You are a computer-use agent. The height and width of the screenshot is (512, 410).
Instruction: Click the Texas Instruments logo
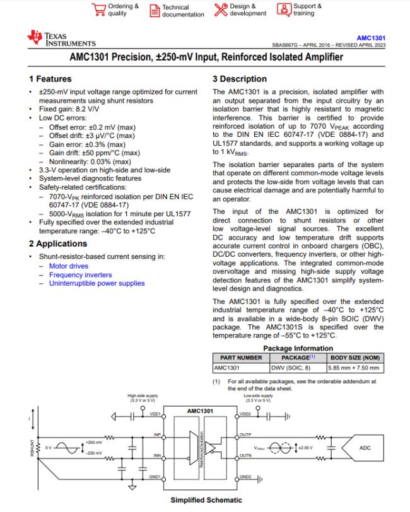61,39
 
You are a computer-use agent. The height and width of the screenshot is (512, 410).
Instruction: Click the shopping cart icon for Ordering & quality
98,9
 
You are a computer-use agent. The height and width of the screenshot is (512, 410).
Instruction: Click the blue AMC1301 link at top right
373,38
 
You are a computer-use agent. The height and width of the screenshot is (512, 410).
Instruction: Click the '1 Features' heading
50,79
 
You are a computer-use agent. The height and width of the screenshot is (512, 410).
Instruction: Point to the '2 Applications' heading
57,244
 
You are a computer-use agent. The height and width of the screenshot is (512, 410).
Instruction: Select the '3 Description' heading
239,79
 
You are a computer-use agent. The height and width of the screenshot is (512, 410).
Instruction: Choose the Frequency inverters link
80,275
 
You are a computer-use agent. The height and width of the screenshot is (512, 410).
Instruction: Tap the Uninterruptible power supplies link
97,284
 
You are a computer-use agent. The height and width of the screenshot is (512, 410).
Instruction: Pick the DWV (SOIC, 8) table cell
291,367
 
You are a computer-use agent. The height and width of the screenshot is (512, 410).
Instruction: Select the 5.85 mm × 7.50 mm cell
353,367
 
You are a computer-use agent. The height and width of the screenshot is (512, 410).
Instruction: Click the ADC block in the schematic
365,448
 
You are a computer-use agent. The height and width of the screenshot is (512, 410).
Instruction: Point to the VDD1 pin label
156,414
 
